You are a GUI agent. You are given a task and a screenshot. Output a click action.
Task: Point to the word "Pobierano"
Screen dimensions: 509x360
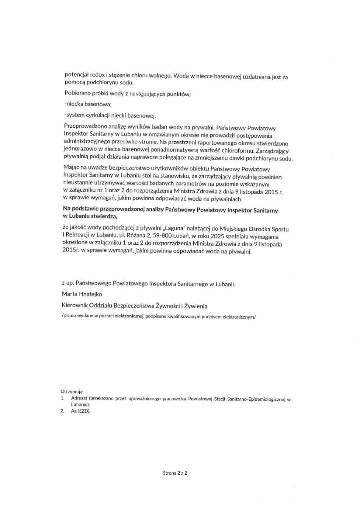(78, 93)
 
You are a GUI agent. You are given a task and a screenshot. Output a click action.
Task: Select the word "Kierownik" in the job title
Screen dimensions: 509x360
(75, 305)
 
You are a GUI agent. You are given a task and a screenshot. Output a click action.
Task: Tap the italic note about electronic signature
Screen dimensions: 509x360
(159, 316)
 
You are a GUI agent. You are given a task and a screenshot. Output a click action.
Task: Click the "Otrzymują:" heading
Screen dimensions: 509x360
(72, 390)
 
